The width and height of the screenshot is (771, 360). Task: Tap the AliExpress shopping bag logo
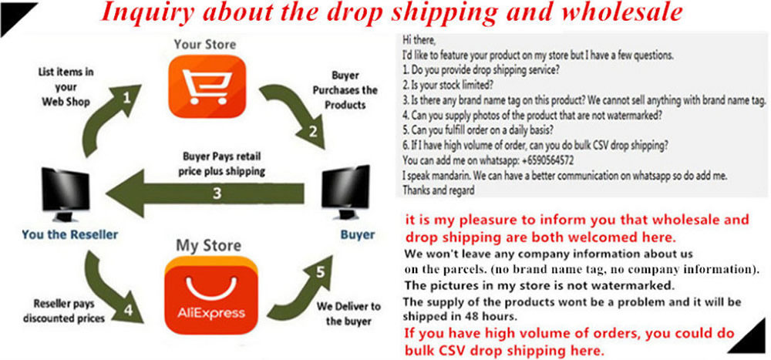point(211,296)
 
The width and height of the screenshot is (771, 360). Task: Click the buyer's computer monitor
point(345,193)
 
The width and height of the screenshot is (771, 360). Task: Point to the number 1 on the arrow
point(127,98)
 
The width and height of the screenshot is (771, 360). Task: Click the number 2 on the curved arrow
point(313,131)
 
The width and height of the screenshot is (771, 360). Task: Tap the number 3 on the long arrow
point(217,193)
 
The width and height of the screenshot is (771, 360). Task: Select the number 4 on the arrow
point(128,310)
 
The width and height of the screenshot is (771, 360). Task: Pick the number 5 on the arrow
point(321,271)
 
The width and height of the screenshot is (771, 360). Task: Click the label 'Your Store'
point(204,44)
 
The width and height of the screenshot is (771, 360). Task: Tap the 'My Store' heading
point(208,245)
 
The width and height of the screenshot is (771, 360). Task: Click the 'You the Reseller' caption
point(70,234)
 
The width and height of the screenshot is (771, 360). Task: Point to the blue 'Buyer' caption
point(358,234)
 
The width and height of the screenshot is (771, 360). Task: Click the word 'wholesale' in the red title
point(626,13)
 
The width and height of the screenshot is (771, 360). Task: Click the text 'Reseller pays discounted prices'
point(63,311)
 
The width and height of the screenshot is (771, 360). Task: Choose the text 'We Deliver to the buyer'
point(348,314)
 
